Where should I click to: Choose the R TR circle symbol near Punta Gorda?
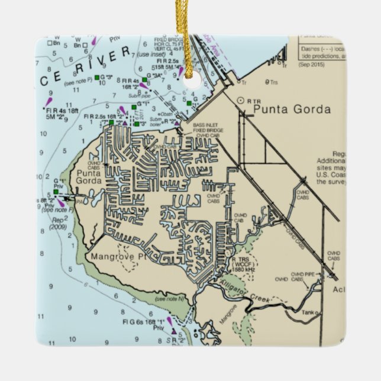(240, 101)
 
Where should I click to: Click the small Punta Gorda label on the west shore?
(88, 176)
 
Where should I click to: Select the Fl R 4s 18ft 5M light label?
(62, 113)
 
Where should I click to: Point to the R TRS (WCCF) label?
(243, 263)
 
